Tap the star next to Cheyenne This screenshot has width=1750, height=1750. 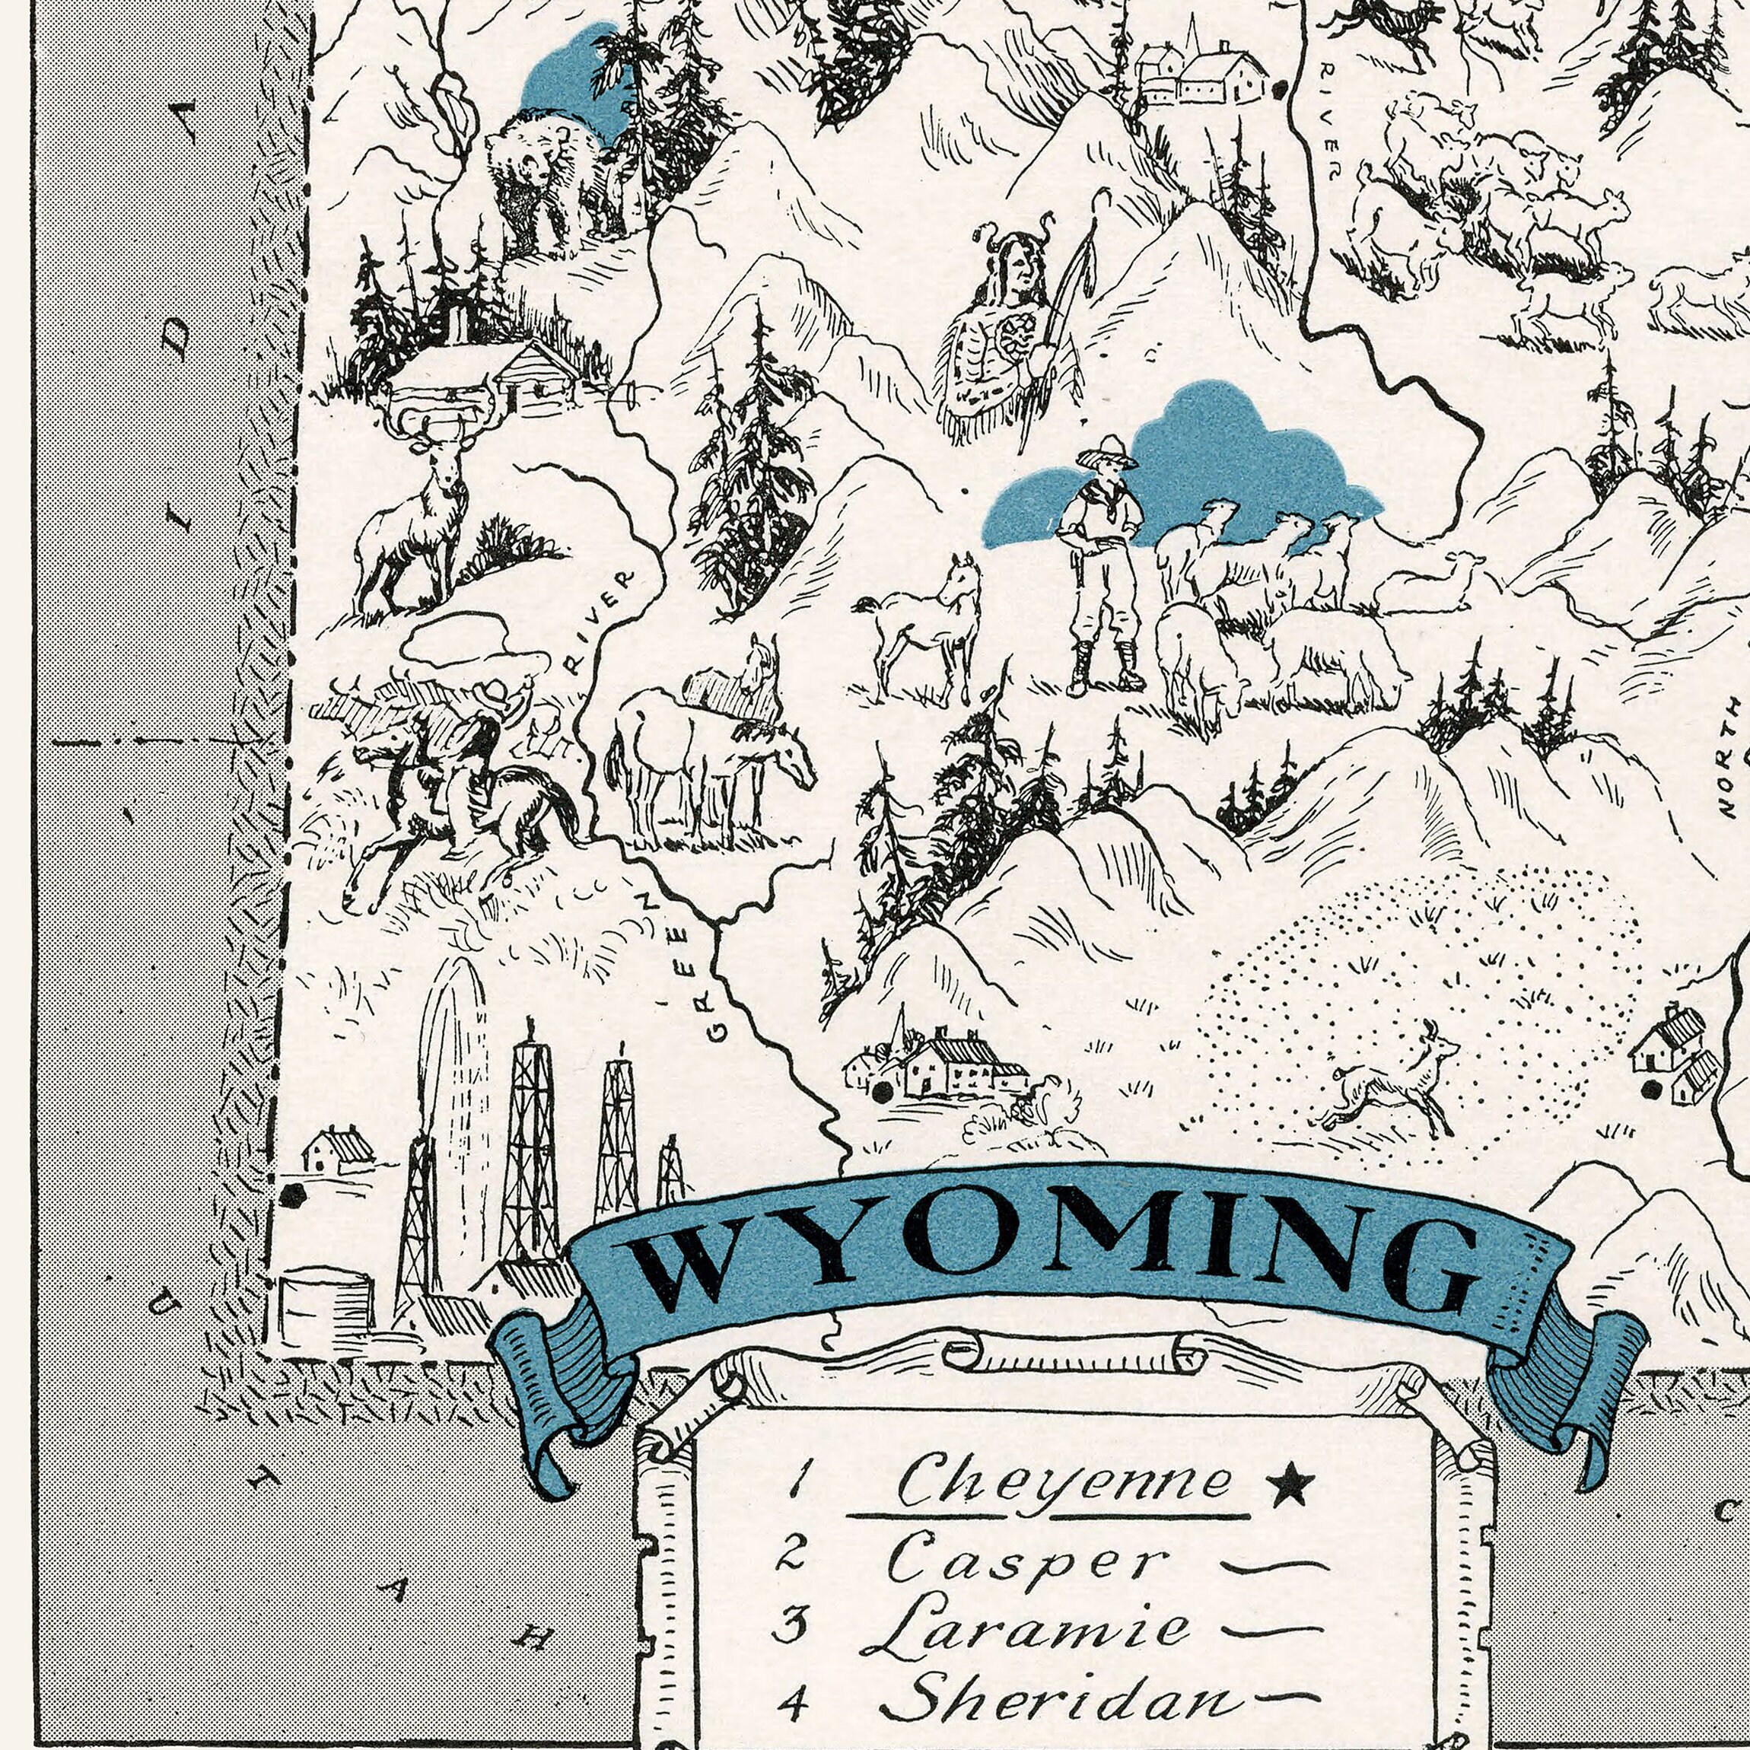coord(1290,1484)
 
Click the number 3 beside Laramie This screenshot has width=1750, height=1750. coord(790,1623)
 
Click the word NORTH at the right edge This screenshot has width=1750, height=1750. coord(1728,756)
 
